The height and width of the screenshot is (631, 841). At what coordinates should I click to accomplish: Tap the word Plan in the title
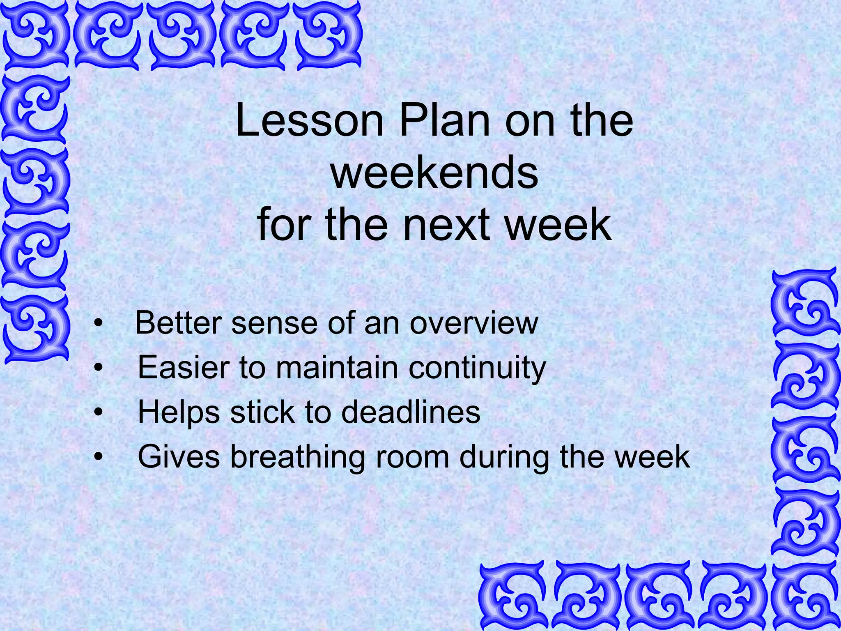tap(444, 121)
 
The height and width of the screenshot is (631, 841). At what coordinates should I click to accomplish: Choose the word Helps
tap(178, 412)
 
